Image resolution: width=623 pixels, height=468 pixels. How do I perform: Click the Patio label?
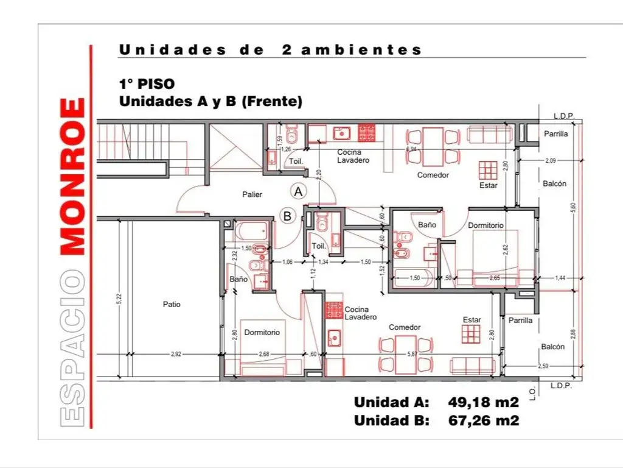pos(171,304)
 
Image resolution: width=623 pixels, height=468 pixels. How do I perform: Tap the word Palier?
pos(252,194)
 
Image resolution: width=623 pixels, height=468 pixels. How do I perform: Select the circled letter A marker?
pos(298,191)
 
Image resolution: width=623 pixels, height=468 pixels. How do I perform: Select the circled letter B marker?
pos(288,215)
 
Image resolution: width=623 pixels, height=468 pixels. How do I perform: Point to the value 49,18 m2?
pos(483,402)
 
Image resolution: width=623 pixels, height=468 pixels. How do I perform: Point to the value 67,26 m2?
pos(483,420)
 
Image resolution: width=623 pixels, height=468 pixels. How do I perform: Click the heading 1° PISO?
pos(147,85)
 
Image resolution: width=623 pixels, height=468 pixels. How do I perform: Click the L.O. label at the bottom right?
pos(532,395)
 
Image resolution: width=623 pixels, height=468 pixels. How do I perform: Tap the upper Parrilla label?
pos(555,134)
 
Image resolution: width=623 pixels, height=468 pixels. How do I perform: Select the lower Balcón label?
pos(552,346)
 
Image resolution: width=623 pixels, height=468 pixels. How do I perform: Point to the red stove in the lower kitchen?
pos(333,311)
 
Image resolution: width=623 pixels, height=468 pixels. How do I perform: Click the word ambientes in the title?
pos(361,50)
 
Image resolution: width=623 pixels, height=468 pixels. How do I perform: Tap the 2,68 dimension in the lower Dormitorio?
pos(263,353)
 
